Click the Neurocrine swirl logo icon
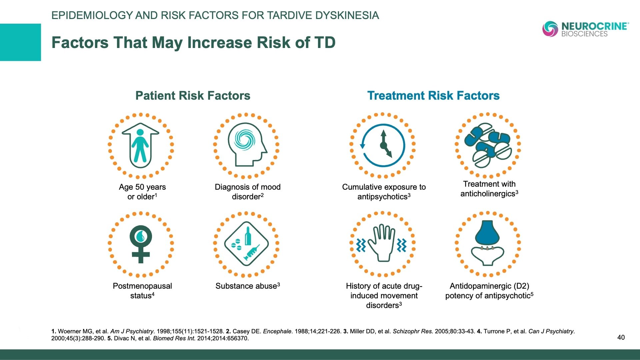pos(550,29)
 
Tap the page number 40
pos(621,337)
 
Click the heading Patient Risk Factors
pos(193,96)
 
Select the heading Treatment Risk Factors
pos(433,96)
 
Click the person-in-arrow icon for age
pos(140,146)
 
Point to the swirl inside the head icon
pos(244,139)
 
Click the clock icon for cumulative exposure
pos(383,145)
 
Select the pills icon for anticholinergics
pos(488,145)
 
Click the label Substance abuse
pos(246,286)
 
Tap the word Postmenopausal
pos(142,286)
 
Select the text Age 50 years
pos(142,187)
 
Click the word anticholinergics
pos(488,194)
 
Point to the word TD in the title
pos(324,43)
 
